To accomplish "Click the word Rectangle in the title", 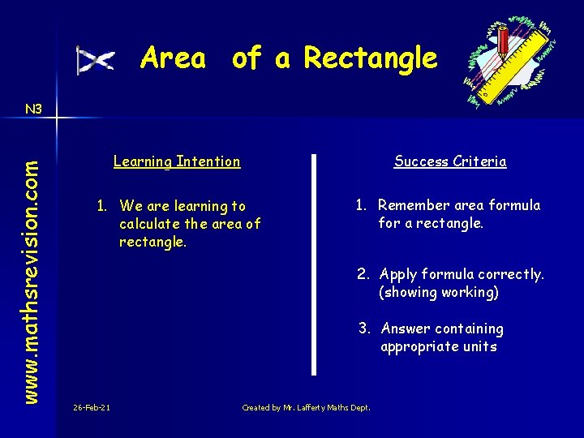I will point(370,58).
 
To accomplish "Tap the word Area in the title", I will point(173,58).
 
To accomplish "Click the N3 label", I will point(33,109).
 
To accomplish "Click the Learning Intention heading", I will point(177,161).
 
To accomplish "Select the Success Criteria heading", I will point(450,161).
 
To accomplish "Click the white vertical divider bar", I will point(314,264).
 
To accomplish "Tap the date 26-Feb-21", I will point(92,407).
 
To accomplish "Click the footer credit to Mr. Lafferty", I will point(306,407).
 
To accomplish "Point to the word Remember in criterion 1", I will point(411,205).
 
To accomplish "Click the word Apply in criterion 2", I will point(397,274).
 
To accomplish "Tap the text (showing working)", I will point(438,292).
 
